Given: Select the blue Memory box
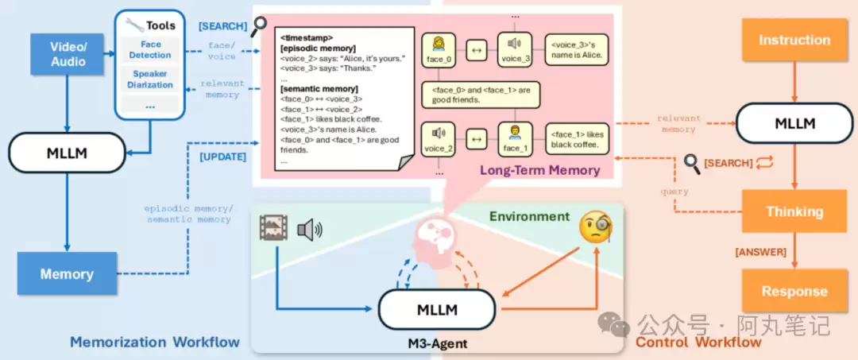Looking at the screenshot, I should pos(67,274).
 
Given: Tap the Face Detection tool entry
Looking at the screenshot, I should pos(150,50).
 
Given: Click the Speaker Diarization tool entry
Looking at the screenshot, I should pos(150,79).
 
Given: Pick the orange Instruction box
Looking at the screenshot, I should pos(794,40).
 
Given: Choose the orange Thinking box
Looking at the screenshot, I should pos(794,211).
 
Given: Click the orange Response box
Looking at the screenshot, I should pos(794,291).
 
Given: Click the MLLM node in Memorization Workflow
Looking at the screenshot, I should pos(67,153).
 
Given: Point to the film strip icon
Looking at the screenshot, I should pos(272,228).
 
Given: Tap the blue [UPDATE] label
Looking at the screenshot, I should pos(222,157).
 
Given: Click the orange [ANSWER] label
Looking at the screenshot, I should pos(760,252).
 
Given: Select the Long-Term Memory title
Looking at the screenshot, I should pos(539,170).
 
